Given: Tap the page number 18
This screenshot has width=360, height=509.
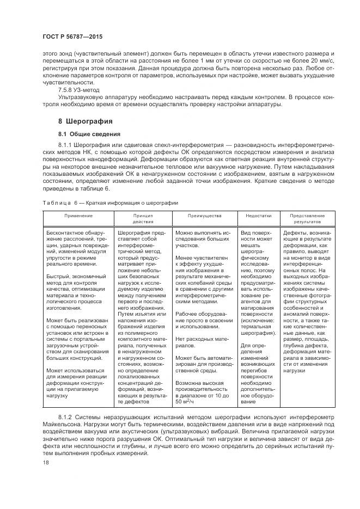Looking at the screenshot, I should (x=45, y=462).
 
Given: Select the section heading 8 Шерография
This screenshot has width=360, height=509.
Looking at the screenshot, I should (x=86, y=121).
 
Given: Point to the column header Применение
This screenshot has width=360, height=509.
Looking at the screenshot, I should (x=78, y=216).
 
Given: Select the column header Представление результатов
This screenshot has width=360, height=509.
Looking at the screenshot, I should (x=310, y=219).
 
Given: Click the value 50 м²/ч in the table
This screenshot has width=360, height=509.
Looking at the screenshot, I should (x=186, y=402).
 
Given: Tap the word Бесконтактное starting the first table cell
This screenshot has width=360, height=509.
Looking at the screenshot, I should (x=65, y=232).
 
